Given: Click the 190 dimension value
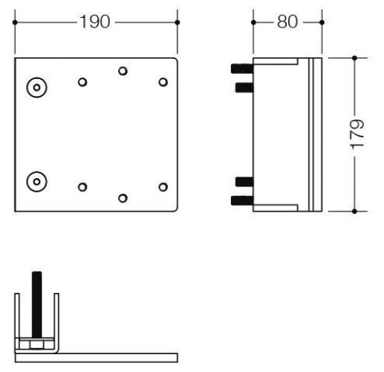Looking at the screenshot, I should (x=96, y=22).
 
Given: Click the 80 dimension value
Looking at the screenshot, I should (x=288, y=22).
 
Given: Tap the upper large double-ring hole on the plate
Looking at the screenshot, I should (x=35, y=87).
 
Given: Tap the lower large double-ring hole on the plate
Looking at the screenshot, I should (x=35, y=180).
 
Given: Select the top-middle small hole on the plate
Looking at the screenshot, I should (x=123, y=72).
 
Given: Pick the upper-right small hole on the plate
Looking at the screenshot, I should (x=163, y=81).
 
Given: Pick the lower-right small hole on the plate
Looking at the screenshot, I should (x=163, y=186).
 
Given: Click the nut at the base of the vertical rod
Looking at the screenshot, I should (x=34, y=344).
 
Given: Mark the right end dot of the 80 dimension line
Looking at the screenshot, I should (x=323, y=22).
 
